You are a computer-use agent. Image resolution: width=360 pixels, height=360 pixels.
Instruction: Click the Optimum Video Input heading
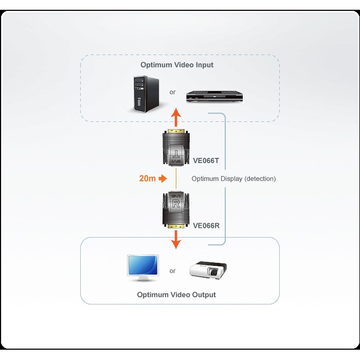point(177,65)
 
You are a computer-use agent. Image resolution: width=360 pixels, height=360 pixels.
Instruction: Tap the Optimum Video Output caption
point(176,295)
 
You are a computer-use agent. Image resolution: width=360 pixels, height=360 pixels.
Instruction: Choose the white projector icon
point(208,269)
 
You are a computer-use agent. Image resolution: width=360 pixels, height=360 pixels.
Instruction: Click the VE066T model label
point(206,160)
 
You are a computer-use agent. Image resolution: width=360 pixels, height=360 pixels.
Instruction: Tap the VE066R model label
point(206,225)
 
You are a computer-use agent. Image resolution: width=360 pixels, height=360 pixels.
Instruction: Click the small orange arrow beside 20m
point(163,179)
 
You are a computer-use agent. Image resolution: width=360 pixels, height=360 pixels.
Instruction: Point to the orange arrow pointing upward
point(176,117)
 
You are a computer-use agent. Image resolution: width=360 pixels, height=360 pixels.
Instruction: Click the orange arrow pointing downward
point(176,239)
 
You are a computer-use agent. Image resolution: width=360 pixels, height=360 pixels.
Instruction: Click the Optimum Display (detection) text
point(233,179)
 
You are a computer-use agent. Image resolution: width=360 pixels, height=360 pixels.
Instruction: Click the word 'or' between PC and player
point(172,93)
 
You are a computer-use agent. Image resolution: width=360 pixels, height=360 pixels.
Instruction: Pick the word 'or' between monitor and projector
point(172,271)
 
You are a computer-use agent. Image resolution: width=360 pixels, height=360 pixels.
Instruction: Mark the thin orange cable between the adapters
point(176,179)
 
